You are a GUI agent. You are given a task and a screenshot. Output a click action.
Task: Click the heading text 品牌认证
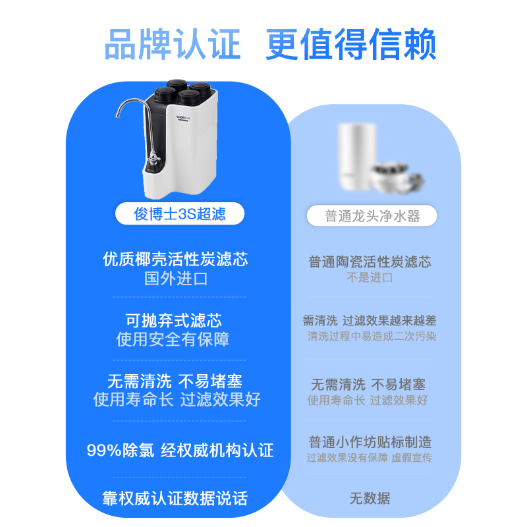point(173,44)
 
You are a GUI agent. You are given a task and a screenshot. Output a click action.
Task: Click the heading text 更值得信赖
point(350,44)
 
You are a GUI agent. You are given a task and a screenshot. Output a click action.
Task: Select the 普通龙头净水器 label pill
point(372,216)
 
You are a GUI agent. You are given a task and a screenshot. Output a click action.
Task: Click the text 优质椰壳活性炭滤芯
point(176,259)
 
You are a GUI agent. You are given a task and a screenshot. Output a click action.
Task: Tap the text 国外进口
point(176,278)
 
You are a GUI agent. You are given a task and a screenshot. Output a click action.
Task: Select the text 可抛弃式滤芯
point(174,321)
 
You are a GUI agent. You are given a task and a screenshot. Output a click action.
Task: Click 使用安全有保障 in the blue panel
point(173,340)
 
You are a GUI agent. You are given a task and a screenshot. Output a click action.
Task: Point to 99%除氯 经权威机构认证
point(180,451)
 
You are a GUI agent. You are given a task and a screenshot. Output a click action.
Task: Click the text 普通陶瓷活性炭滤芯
point(370,262)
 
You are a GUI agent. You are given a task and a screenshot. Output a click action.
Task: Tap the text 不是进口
point(370,277)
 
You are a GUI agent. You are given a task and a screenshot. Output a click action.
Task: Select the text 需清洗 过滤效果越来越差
point(370,321)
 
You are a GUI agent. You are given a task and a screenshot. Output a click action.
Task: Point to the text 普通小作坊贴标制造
point(370,442)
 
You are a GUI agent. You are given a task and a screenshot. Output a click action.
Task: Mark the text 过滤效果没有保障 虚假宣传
point(370,457)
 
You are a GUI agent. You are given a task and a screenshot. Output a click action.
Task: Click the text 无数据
point(370,499)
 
